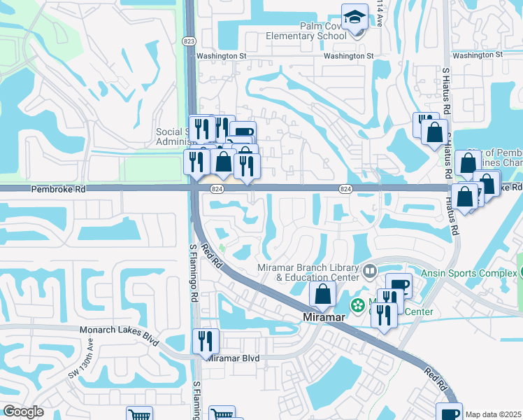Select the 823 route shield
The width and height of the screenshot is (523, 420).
[x=189, y=41]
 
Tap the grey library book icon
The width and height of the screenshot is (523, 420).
[x=370, y=269]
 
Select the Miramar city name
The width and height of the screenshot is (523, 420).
[x=325, y=317]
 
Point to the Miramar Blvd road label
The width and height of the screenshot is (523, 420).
[x=234, y=358]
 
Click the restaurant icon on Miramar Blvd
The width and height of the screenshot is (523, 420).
[x=206, y=341]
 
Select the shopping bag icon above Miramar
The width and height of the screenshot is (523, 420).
[x=322, y=295]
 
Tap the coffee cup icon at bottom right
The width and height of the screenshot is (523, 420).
[x=448, y=413]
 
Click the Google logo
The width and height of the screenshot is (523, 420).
[x=23, y=412]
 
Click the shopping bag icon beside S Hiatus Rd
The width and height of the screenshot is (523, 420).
[x=434, y=132]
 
